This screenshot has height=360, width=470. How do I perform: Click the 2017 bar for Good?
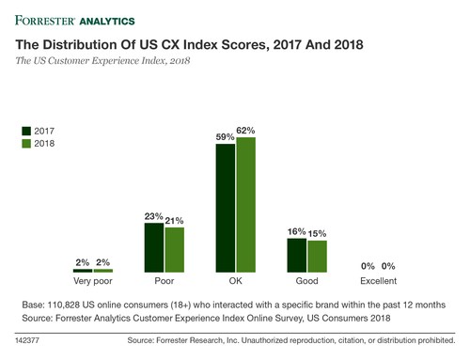pyautogui.click(x=297, y=255)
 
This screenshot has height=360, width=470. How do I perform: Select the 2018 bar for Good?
pyautogui.click(x=318, y=256)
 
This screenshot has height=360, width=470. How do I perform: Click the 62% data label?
pyautogui.click(x=246, y=130)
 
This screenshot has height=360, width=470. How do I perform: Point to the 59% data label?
pyautogui.click(x=225, y=136)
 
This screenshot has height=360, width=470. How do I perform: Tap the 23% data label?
pyautogui.click(x=153, y=215)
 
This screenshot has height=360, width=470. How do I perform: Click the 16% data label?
pyautogui.click(x=296, y=230)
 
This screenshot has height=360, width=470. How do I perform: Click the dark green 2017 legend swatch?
pyautogui.click(x=25, y=130)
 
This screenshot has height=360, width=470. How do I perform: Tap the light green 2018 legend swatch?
pyautogui.click(x=25, y=144)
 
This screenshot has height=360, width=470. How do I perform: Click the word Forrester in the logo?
pyautogui.click(x=45, y=17)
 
